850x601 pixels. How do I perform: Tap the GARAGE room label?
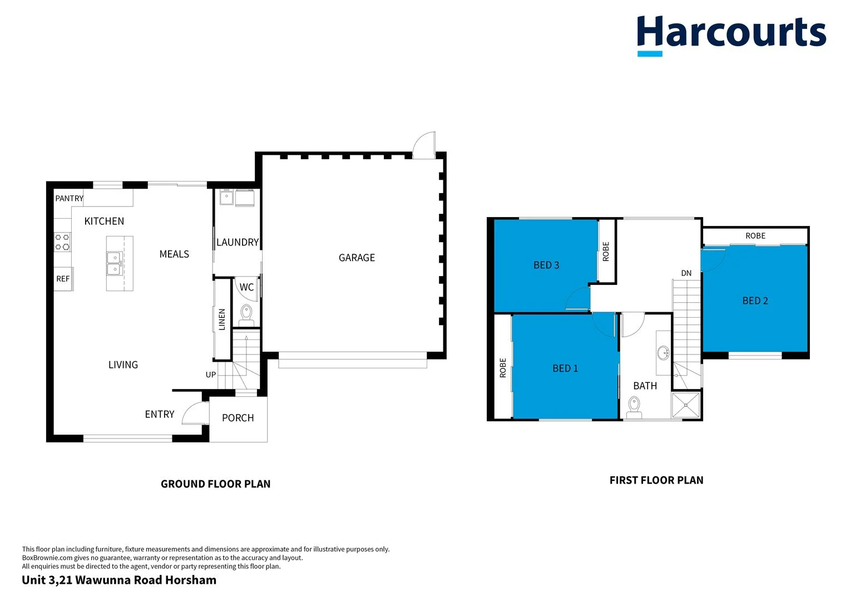(x=357, y=258)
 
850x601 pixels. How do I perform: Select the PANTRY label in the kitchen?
(x=69, y=199)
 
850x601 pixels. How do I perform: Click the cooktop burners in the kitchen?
(x=62, y=242)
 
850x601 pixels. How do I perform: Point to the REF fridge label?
(x=63, y=279)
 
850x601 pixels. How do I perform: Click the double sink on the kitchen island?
(x=115, y=263)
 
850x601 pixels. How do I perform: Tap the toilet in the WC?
(x=246, y=314)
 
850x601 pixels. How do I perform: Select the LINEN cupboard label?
(x=222, y=319)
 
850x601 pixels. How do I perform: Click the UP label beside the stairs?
(x=210, y=375)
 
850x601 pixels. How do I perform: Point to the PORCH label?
(x=238, y=418)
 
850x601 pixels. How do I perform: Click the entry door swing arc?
(x=192, y=413)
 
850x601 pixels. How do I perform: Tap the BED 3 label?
(x=546, y=265)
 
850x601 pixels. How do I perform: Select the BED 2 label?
(x=755, y=300)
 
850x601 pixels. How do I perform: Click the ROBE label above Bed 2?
(x=755, y=236)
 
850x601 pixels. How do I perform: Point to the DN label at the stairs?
(x=686, y=273)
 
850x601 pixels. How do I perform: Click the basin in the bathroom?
(x=663, y=353)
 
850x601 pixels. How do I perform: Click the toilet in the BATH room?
(x=634, y=407)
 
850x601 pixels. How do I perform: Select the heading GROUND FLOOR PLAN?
(x=215, y=484)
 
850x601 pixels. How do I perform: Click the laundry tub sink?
(x=226, y=197)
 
